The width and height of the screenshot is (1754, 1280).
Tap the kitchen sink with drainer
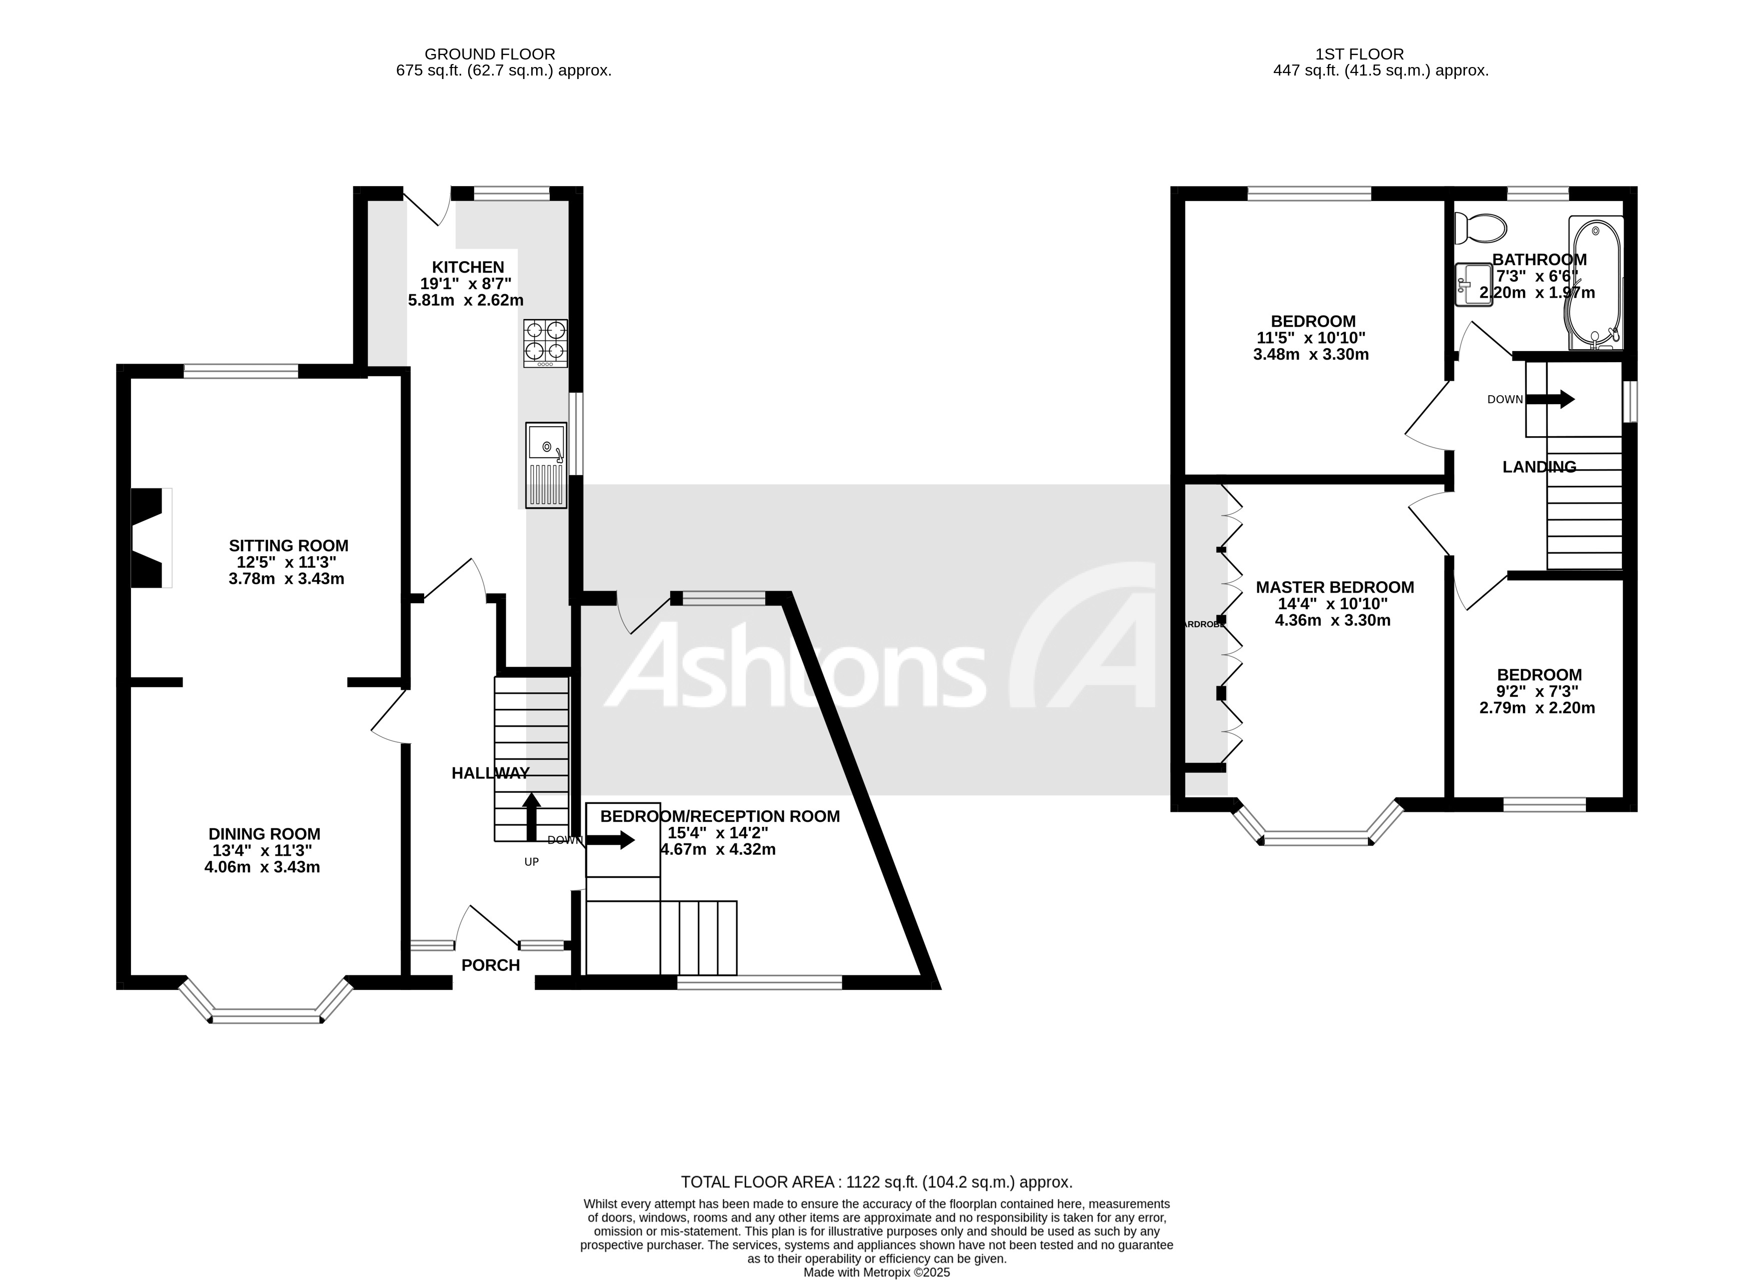546,465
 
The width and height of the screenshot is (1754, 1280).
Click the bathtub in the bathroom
1594,283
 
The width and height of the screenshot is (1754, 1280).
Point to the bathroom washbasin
1473,284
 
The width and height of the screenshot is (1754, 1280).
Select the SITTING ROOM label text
288,546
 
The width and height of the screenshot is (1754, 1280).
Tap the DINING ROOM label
264,834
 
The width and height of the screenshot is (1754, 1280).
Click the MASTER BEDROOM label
1334,587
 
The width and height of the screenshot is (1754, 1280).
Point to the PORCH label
491,965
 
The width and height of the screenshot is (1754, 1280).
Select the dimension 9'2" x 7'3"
1538,692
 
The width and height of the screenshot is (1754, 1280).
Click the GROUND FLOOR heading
490,54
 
